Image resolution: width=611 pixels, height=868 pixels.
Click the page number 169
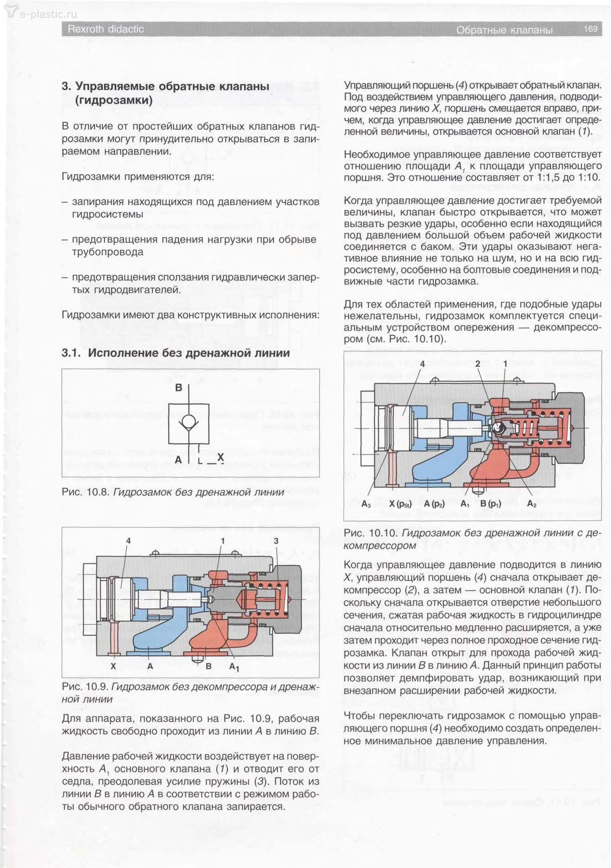(590, 29)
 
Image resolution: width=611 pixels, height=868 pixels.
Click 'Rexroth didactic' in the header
(106, 29)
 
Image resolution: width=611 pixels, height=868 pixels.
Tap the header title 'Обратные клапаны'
(504, 30)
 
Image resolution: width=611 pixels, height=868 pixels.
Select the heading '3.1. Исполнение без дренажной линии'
(176, 353)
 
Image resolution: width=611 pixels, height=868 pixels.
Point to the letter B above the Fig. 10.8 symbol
(179, 388)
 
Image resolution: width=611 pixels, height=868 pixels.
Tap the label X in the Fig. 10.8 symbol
(220, 458)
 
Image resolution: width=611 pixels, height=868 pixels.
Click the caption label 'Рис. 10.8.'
(85, 492)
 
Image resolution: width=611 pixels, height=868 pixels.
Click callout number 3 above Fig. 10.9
(276, 540)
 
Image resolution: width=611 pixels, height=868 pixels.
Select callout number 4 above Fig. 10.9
(129, 540)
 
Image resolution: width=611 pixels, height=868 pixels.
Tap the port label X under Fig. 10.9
(113, 666)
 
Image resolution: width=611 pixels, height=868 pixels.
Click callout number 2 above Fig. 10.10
(478, 364)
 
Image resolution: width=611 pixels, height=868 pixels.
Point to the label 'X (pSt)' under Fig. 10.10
(400, 504)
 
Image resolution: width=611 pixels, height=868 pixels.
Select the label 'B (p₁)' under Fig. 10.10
(490, 504)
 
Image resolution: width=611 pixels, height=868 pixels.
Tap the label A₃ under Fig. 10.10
(366, 504)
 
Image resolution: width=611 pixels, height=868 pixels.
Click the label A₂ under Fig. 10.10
(531, 504)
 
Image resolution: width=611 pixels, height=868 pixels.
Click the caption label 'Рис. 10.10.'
(371, 533)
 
